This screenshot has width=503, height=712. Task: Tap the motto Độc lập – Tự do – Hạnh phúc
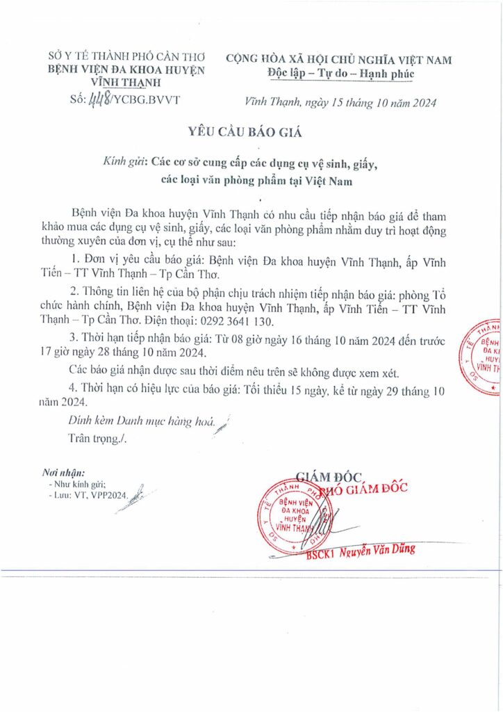tap(340, 74)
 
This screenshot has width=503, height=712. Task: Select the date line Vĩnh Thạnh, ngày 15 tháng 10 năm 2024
tap(340, 103)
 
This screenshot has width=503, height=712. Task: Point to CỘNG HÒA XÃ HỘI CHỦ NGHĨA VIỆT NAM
tap(340, 60)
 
